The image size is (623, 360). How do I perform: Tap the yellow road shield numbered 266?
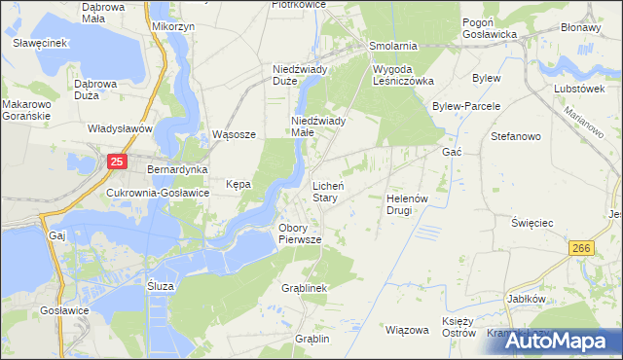(x=582, y=250)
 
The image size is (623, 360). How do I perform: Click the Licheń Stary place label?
(x=325, y=191)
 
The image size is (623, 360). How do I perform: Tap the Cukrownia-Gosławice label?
(x=158, y=193)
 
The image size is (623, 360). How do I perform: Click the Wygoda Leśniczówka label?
(x=403, y=75)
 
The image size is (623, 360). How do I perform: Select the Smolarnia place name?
(x=393, y=46)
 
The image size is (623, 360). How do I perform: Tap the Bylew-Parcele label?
(x=466, y=106)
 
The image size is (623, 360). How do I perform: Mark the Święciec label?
(x=532, y=223)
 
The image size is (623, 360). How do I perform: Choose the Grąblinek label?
(x=304, y=289)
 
